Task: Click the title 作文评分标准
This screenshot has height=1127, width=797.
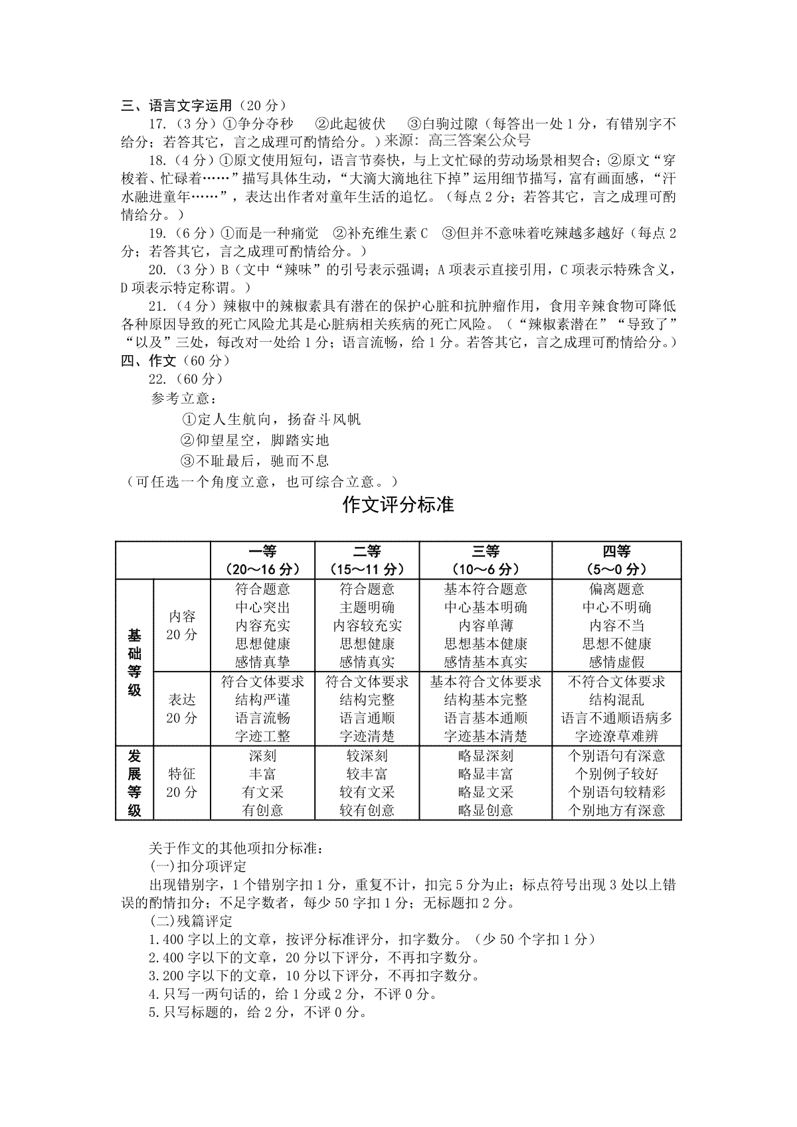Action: [x=398, y=505]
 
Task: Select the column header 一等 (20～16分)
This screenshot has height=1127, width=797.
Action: [x=262, y=560]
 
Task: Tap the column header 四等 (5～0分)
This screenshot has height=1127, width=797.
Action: [x=616, y=560]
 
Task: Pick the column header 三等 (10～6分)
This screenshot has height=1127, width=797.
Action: [x=486, y=560]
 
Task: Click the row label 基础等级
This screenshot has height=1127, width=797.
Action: [x=135, y=662]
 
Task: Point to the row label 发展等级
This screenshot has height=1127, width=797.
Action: [x=135, y=783]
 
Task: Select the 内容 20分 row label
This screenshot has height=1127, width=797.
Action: [x=182, y=625]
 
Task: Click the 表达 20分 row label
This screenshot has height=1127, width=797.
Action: [x=182, y=709]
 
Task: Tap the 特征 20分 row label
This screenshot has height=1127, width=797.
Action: [x=182, y=783]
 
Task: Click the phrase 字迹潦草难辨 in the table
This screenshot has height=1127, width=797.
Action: [x=616, y=736]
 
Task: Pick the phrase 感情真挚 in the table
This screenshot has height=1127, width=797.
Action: [x=262, y=662]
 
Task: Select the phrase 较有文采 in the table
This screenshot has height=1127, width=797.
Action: [x=367, y=792]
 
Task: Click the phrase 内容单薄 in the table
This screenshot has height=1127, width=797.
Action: [x=486, y=625]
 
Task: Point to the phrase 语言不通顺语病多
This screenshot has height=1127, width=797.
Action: [x=616, y=718]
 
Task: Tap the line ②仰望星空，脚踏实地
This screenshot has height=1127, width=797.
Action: [x=255, y=440]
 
